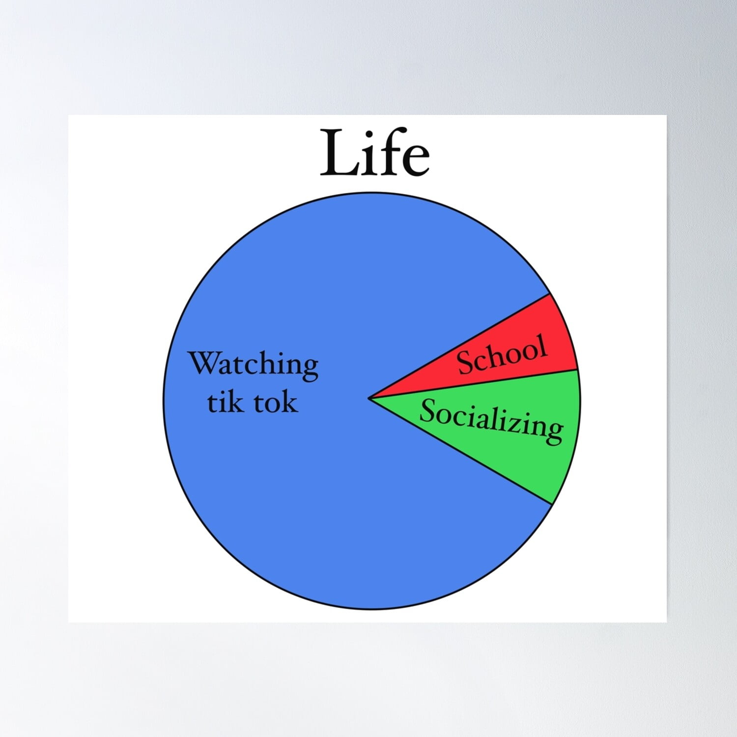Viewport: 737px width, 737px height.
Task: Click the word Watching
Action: point(254,365)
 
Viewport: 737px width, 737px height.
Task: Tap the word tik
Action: point(225,402)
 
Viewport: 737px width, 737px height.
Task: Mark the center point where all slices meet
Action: point(369,398)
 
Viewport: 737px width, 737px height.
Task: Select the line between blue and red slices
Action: point(459,346)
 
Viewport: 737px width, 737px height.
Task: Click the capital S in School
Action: point(464,364)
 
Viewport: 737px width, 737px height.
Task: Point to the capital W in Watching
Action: point(203,363)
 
